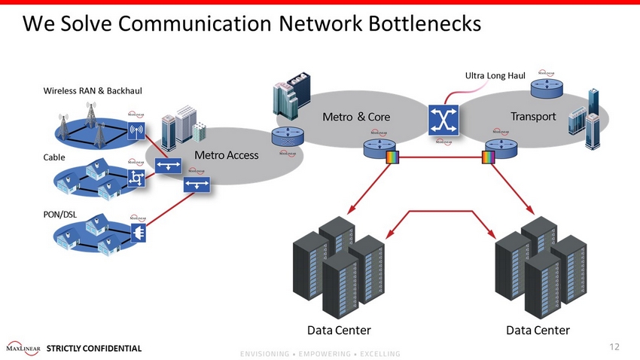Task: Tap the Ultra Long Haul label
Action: click(495, 75)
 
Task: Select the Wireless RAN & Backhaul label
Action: click(93, 91)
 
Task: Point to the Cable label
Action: click(53, 158)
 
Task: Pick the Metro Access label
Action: click(226, 155)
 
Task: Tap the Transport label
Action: click(532, 116)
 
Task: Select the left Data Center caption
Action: click(339, 330)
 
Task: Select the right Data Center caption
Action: click(538, 330)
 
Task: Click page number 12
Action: click(614, 346)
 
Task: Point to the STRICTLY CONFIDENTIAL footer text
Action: click(93, 349)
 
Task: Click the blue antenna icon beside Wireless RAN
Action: click(136, 133)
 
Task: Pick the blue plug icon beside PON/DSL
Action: click(138, 235)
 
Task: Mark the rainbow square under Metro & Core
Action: click(392, 157)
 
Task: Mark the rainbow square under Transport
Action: click(488, 157)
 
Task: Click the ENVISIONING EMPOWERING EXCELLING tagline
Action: click(320, 354)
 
